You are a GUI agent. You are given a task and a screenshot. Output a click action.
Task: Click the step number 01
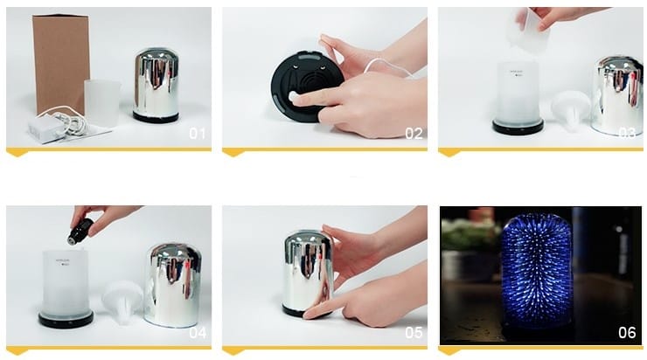coord(198,133)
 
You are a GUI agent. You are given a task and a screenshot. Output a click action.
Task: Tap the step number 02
coord(414,133)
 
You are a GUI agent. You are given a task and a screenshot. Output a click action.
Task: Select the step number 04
coord(198,332)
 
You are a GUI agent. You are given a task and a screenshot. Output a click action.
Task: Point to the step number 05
coord(414,332)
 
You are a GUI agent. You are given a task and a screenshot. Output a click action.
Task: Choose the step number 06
coord(627,332)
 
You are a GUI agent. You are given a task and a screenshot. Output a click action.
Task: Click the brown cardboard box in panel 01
coord(61,63)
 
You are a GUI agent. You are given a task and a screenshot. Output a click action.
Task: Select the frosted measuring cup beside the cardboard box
coord(102,103)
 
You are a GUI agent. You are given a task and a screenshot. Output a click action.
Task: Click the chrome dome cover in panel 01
coord(157,86)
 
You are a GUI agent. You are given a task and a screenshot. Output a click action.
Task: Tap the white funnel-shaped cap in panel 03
coord(571,110)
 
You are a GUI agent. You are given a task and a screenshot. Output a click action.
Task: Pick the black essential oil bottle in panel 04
coord(80,232)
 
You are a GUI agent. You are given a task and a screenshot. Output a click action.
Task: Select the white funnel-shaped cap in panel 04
coord(122,302)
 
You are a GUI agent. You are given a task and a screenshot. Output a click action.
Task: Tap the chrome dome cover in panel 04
coord(173,286)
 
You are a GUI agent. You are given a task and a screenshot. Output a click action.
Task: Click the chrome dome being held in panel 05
coord(308,273)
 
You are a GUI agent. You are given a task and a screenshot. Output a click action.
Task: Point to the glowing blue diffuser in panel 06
coord(537,272)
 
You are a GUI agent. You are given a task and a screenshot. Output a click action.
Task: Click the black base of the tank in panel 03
coord(518,126)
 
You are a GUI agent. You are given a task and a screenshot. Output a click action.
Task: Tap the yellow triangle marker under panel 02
coord(233,153)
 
